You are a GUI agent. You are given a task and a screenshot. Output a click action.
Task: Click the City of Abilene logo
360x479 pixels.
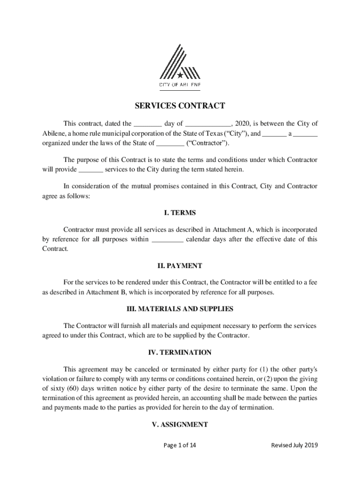(x=180, y=65)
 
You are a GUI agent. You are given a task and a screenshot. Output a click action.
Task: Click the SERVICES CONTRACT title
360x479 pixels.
(x=180, y=106)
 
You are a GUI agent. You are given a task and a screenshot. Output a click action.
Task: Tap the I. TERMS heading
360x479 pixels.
(x=180, y=213)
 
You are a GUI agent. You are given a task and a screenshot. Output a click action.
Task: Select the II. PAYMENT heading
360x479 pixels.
(x=180, y=266)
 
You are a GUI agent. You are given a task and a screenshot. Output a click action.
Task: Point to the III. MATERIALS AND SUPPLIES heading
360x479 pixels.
(x=180, y=309)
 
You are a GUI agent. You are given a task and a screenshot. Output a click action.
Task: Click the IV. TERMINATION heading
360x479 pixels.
(x=180, y=352)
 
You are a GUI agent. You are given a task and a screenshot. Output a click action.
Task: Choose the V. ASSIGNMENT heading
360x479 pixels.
(x=180, y=425)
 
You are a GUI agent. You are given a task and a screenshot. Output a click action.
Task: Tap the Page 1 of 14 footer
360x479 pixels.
(x=180, y=445)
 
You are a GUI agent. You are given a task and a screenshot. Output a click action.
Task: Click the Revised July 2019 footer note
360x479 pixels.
(x=295, y=445)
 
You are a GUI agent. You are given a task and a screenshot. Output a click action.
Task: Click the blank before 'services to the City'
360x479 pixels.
(x=91, y=170)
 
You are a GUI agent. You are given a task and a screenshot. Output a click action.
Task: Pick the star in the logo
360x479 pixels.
(x=180, y=75)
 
